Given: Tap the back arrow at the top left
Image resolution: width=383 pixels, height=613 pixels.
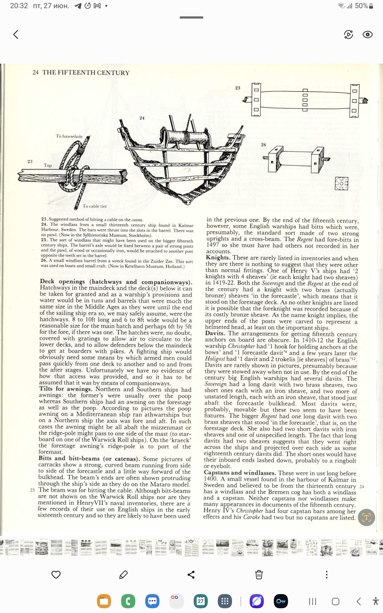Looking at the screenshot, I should coord(16,34).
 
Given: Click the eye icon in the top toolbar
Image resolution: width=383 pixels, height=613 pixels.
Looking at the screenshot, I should coord(367,34).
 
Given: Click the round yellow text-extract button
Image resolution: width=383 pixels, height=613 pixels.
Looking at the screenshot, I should coord(366,517).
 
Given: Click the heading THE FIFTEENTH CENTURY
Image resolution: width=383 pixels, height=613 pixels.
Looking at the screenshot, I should coord(86,73).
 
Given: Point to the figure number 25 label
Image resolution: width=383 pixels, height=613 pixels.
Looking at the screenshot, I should coord(238,88).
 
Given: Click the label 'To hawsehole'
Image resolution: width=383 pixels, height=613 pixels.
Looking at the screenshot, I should coord(69,136).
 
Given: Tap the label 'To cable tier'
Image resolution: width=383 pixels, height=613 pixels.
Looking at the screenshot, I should coord(95,206).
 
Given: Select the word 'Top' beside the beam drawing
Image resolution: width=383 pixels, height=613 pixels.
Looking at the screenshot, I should coord(48,165).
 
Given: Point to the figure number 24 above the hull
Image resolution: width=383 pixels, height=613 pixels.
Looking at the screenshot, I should coord(142,118).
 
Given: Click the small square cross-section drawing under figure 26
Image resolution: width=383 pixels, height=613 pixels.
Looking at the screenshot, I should coord(341,183).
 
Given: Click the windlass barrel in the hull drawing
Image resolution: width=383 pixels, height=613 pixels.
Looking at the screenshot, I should coord(186,138).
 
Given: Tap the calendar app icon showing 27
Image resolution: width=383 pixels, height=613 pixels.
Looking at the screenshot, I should coord(201,601).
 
